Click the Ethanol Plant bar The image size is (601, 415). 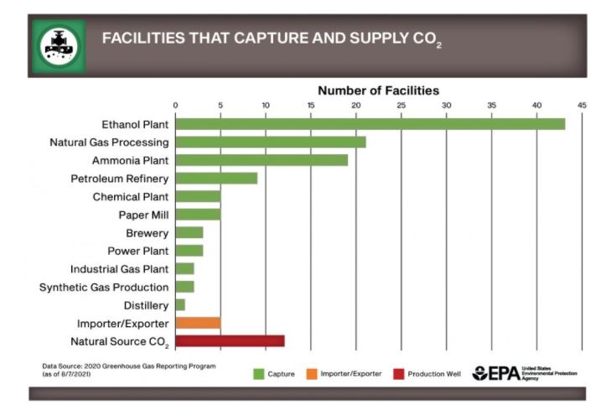[x=370, y=124]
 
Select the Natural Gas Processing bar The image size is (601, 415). [x=270, y=143]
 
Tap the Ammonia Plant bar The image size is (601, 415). [x=261, y=160]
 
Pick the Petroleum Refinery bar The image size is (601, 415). [x=215, y=179]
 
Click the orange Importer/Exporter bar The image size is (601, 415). [x=198, y=323]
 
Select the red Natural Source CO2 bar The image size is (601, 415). [x=230, y=341]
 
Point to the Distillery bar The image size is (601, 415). [x=179, y=304]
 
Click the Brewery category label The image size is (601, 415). [x=147, y=233]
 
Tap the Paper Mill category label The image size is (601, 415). [x=142, y=215]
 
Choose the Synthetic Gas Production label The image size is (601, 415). [x=104, y=287]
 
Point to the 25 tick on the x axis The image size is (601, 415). [x=401, y=105]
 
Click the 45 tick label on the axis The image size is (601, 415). [x=582, y=105]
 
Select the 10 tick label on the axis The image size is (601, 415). [x=265, y=105]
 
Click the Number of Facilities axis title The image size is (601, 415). [x=378, y=91]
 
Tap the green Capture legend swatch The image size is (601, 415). [x=259, y=373]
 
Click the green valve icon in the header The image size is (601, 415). [x=59, y=47]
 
